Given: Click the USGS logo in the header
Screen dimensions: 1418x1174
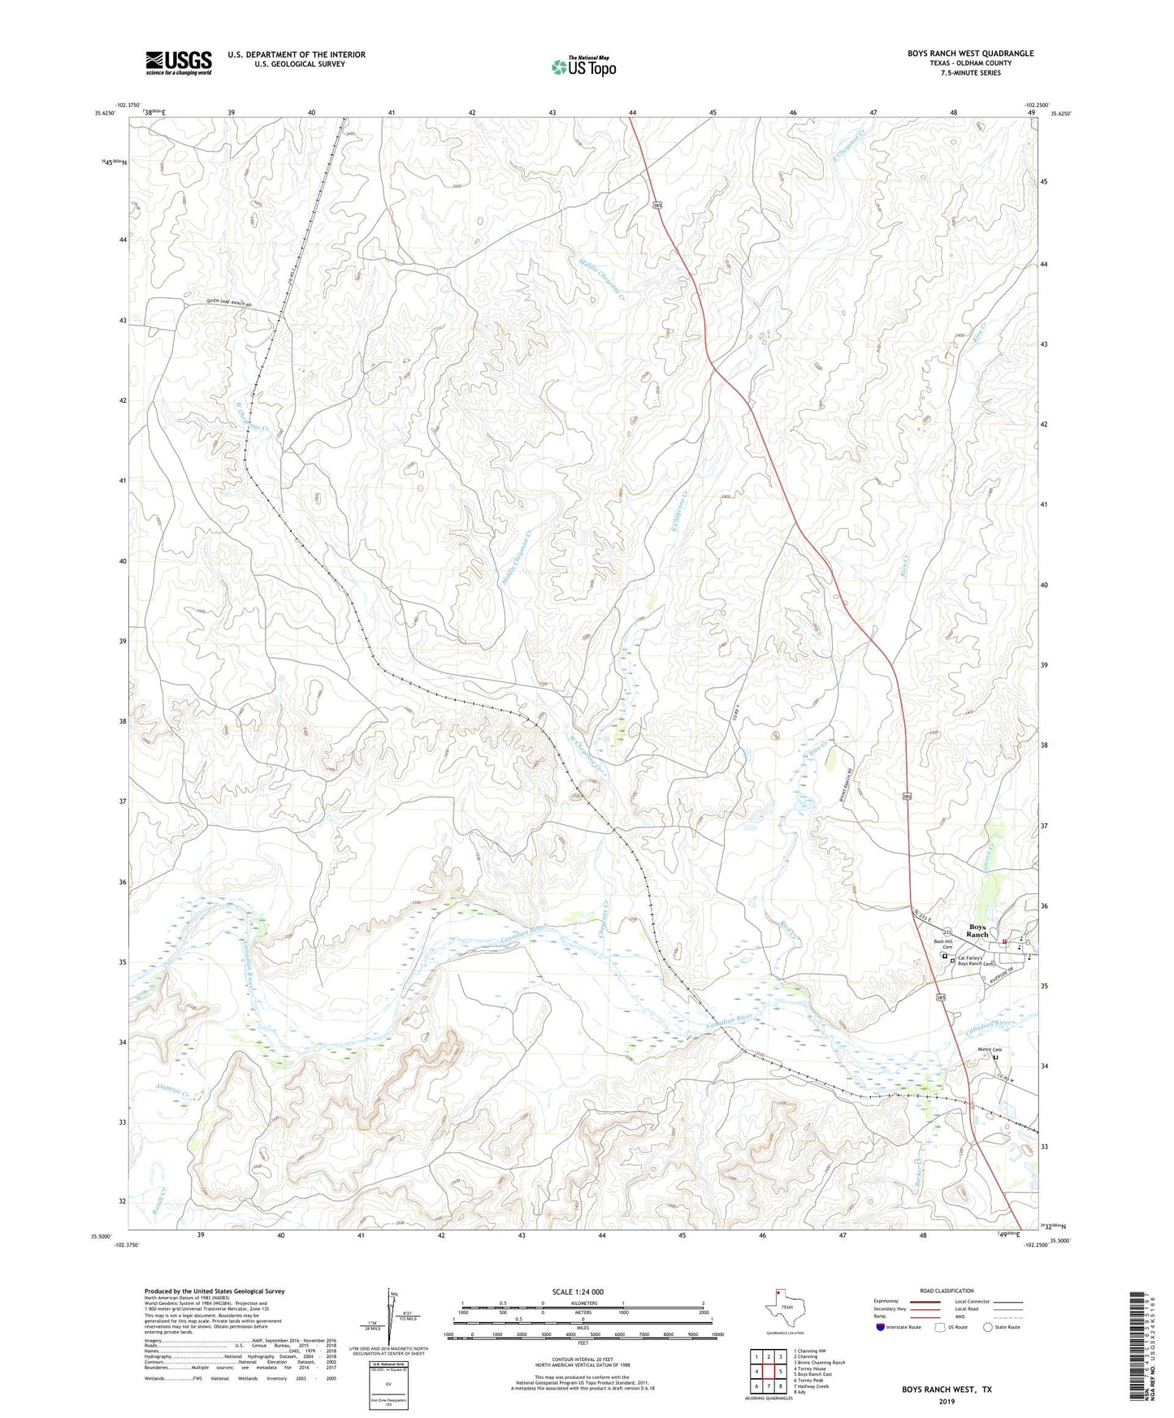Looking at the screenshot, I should pyautogui.click(x=179, y=63).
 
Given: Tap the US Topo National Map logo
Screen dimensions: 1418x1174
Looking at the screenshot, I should pyautogui.click(x=583, y=66).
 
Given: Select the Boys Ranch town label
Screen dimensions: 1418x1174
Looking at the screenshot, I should pyautogui.click(x=977, y=931).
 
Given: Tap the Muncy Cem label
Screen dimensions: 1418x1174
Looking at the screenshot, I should pyautogui.click(x=988, y=1048).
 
